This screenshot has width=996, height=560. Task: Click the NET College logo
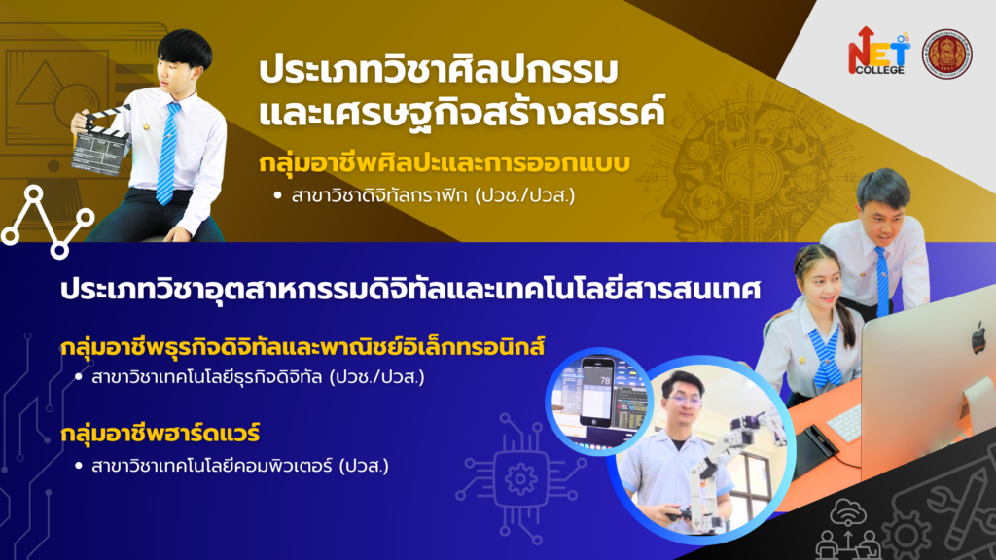pyautogui.click(x=878, y=52)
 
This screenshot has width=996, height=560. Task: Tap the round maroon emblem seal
pyautogui.click(x=946, y=54)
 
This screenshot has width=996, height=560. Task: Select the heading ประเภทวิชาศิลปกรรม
pyautogui.click(x=439, y=69)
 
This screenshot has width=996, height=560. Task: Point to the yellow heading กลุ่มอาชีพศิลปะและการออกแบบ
pyautogui.click(x=444, y=163)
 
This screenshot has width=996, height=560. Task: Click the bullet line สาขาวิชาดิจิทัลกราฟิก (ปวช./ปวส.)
pyautogui.click(x=426, y=195)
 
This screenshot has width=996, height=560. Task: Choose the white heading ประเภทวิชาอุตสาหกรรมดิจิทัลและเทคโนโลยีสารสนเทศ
pyautogui.click(x=410, y=290)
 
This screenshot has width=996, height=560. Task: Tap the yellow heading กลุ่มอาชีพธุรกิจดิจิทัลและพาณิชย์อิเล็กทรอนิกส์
pyautogui.click(x=303, y=347)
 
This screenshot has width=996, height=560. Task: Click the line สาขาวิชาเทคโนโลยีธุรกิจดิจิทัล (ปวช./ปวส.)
pyautogui.click(x=250, y=377)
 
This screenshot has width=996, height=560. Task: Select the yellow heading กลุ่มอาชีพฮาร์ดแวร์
pyautogui.click(x=160, y=434)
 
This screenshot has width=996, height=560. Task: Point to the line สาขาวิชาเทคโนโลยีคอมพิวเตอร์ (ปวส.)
pyautogui.click(x=231, y=466)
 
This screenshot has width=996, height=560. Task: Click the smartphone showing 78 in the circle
pyautogui.click(x=597, y=391)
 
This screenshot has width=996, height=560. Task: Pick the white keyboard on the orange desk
pyautogui.click(x=845, y=424)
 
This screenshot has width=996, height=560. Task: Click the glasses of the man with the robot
pyautogui.click(x=683, y=402)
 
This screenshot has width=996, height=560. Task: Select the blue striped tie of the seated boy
pyautogui.click(x=167, y=153)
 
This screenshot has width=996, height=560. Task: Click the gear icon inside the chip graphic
pyautogui.click(x=520, y=478)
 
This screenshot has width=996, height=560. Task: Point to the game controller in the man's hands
pyautogui.click(x=679, y=513)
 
